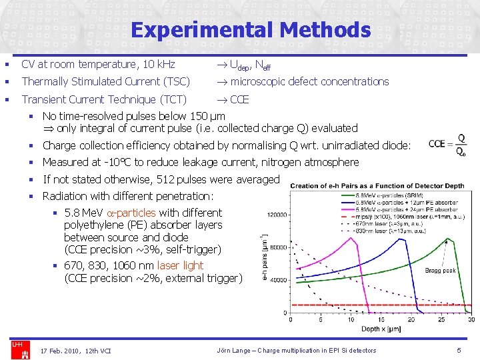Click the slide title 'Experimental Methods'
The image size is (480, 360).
tap(250, 30)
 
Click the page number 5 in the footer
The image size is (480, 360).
tap(459, 350)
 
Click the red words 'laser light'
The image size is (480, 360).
tap(180, 265)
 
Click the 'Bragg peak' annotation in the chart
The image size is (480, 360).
tap(441, 270)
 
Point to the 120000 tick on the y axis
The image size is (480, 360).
tap(277, 215)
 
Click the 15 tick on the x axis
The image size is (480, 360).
tap(380, 319)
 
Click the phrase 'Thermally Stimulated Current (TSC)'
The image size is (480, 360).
tap(105, 81)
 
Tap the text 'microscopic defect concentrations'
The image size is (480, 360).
tap(309, 81)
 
